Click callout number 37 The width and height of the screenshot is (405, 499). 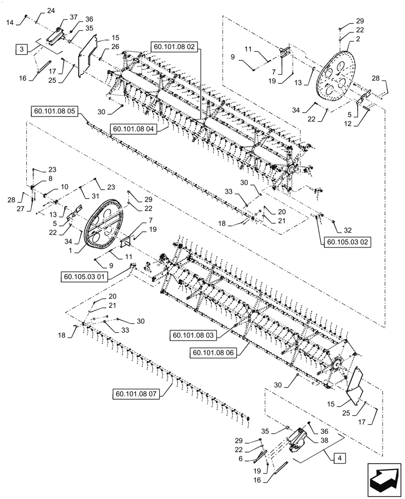(74, 17)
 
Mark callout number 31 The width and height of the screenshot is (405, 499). (96, 195)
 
